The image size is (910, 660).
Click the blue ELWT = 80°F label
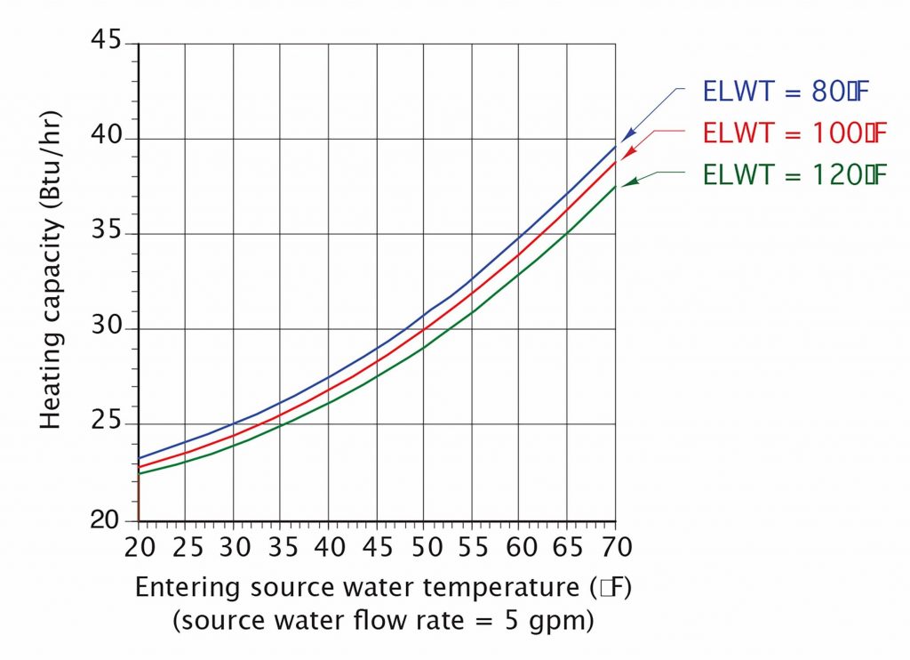tap(794, 92)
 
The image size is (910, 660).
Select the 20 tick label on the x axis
tap(139, 543)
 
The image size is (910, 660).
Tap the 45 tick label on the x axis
tap(377, 543)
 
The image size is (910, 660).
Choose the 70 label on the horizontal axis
tap(615, 543)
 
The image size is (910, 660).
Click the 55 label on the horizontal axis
tap(472, 543)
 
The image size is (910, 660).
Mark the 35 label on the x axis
tap(282, 543)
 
